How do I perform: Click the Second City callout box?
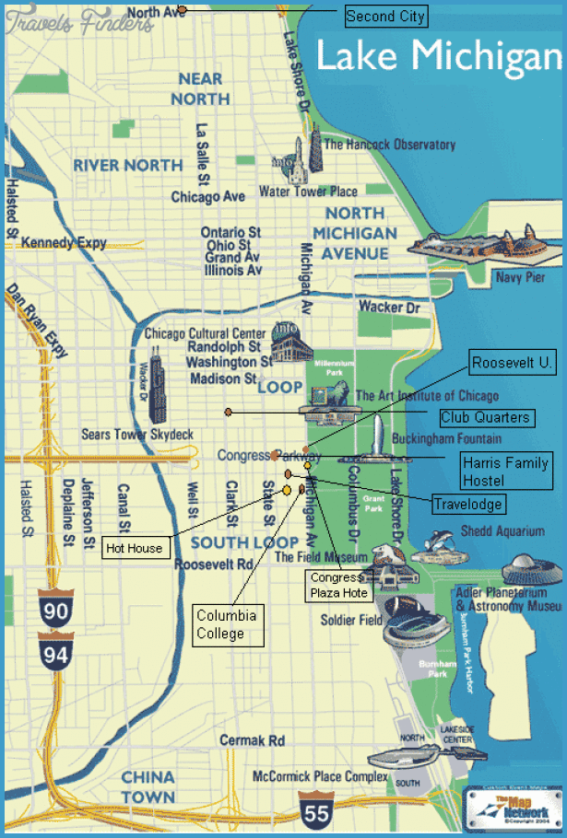pyautogui.click(x=385, y=16)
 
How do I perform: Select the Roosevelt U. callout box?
pyautogui.click(x=513, y=363)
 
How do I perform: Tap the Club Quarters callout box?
pyautogui.click(x=486, y=417)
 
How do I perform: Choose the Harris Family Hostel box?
pyautogui.click(x=506, y=470)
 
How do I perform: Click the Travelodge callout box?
pyautogui.click(x=469, y=504)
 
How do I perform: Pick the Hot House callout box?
pyautogui.click(x=134, y=548)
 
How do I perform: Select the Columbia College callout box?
pyautogui.click(x=228, y=624)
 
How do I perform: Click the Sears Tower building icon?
pyautogui.click(x=157, y=385)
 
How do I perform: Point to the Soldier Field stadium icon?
pyautogui.click(x=416, y=627)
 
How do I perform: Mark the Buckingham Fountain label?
pyautogui.click(x=447, y=438)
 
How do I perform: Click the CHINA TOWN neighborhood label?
pyautogui.click(x=148, y=786)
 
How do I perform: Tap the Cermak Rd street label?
pyautogui.click(x=252, y=740)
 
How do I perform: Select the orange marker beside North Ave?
pyautogui.click(x=182, y=10)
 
